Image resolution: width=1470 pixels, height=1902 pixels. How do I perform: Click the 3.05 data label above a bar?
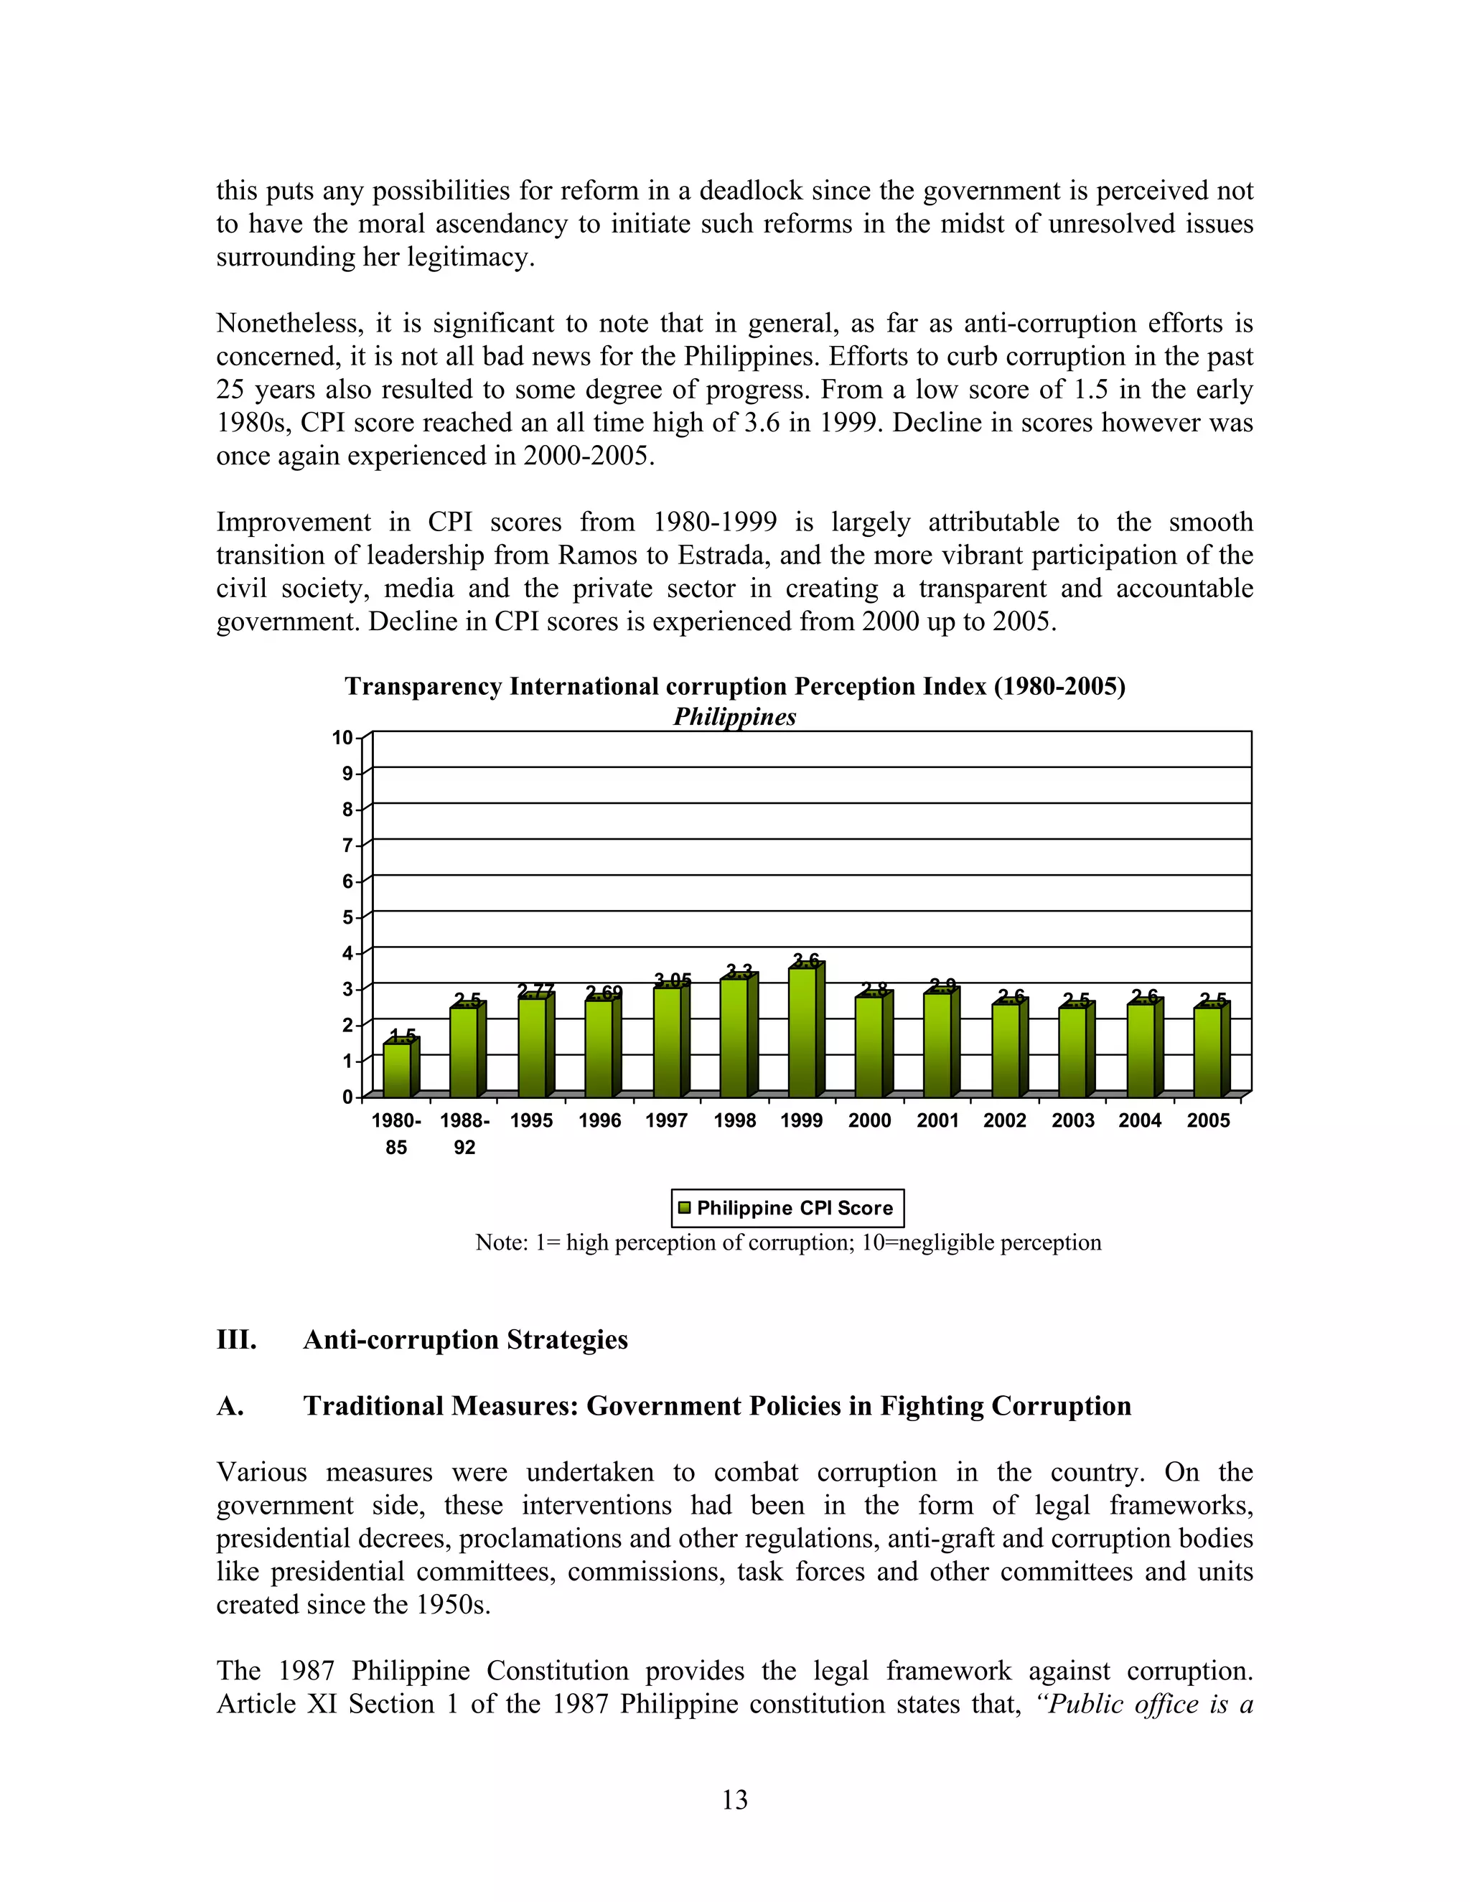(x=673, y=980)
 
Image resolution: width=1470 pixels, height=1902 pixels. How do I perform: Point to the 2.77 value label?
(x=535, y=991)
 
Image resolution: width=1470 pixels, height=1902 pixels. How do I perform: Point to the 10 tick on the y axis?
(x=342, y=738)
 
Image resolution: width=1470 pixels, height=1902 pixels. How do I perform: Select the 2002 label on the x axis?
(x=1005, y=1121)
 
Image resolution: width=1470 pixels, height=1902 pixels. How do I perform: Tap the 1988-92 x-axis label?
(x=464, y=1133)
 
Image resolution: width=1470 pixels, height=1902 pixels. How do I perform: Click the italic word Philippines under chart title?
(x=735, y=717)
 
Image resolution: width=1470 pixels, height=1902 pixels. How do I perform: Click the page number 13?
(x=734, y=1799)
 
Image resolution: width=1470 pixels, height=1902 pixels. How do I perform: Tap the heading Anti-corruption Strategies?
(x=465, y=1339)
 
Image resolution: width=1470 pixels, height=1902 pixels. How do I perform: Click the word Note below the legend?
(x=499, y=1242)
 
